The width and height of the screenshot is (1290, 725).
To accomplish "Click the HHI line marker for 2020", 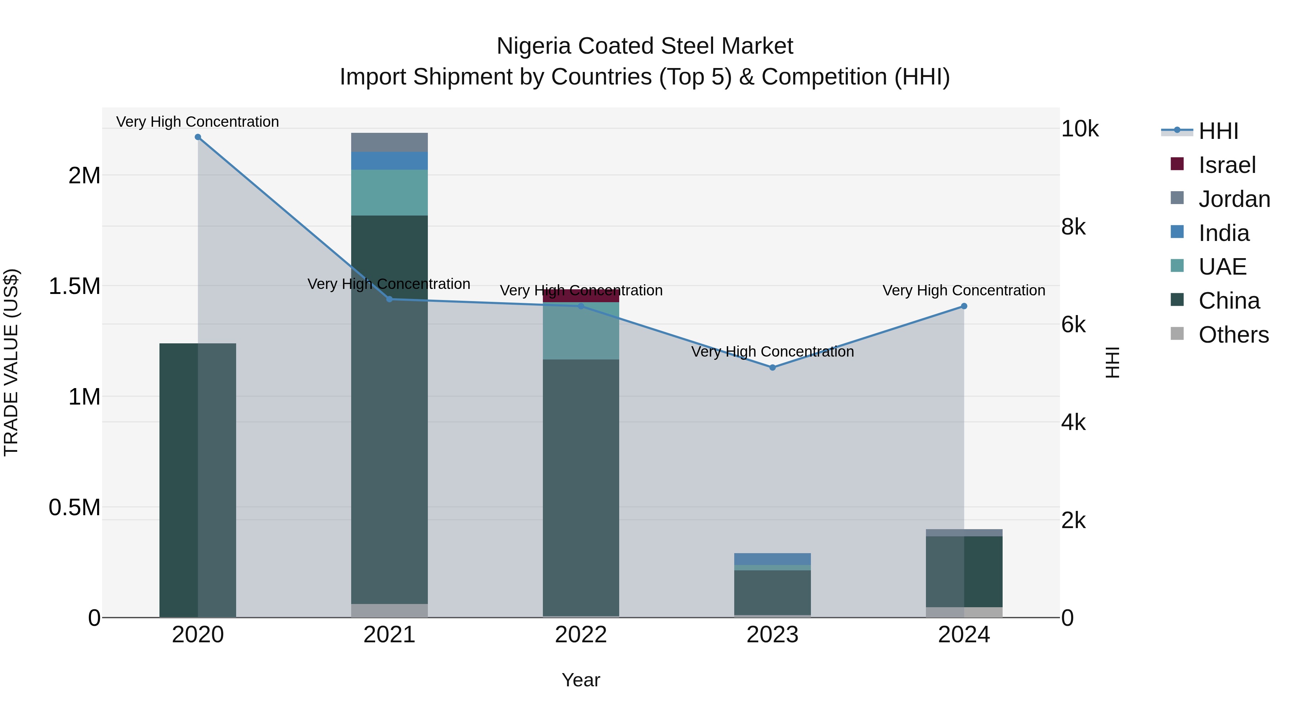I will point(198,137).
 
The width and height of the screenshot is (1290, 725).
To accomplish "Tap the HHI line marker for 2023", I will point(772,367).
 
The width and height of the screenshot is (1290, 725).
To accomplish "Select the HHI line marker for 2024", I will point(964,306).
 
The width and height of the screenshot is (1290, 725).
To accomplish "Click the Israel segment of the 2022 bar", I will point(581,296).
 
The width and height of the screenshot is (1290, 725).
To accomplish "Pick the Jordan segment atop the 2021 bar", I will point(389,142).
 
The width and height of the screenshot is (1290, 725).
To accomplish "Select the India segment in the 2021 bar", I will point(389,161).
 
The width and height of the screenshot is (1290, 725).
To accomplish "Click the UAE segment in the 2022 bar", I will point(581,331).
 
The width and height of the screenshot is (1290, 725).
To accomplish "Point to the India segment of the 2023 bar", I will point(772,559).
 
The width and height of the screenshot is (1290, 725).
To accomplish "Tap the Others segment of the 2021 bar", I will point(389,610).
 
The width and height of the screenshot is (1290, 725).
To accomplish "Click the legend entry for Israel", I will point(1227,165).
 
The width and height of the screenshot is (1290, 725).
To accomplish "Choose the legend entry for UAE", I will point(1222,267).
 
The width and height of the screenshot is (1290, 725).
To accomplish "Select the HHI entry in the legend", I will point(1218,131).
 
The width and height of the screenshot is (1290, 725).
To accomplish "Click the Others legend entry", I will point(1233,335).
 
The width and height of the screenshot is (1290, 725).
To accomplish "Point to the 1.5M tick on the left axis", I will point(75,287).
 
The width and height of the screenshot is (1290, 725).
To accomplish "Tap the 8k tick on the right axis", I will point(1073,227).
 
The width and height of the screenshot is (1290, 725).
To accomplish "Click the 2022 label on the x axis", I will point(581,635).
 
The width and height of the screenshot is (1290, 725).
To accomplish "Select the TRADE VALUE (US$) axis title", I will point(11,362).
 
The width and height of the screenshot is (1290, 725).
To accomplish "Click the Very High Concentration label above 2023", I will point(772,352).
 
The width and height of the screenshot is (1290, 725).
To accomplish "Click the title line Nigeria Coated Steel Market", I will point(645,46).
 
